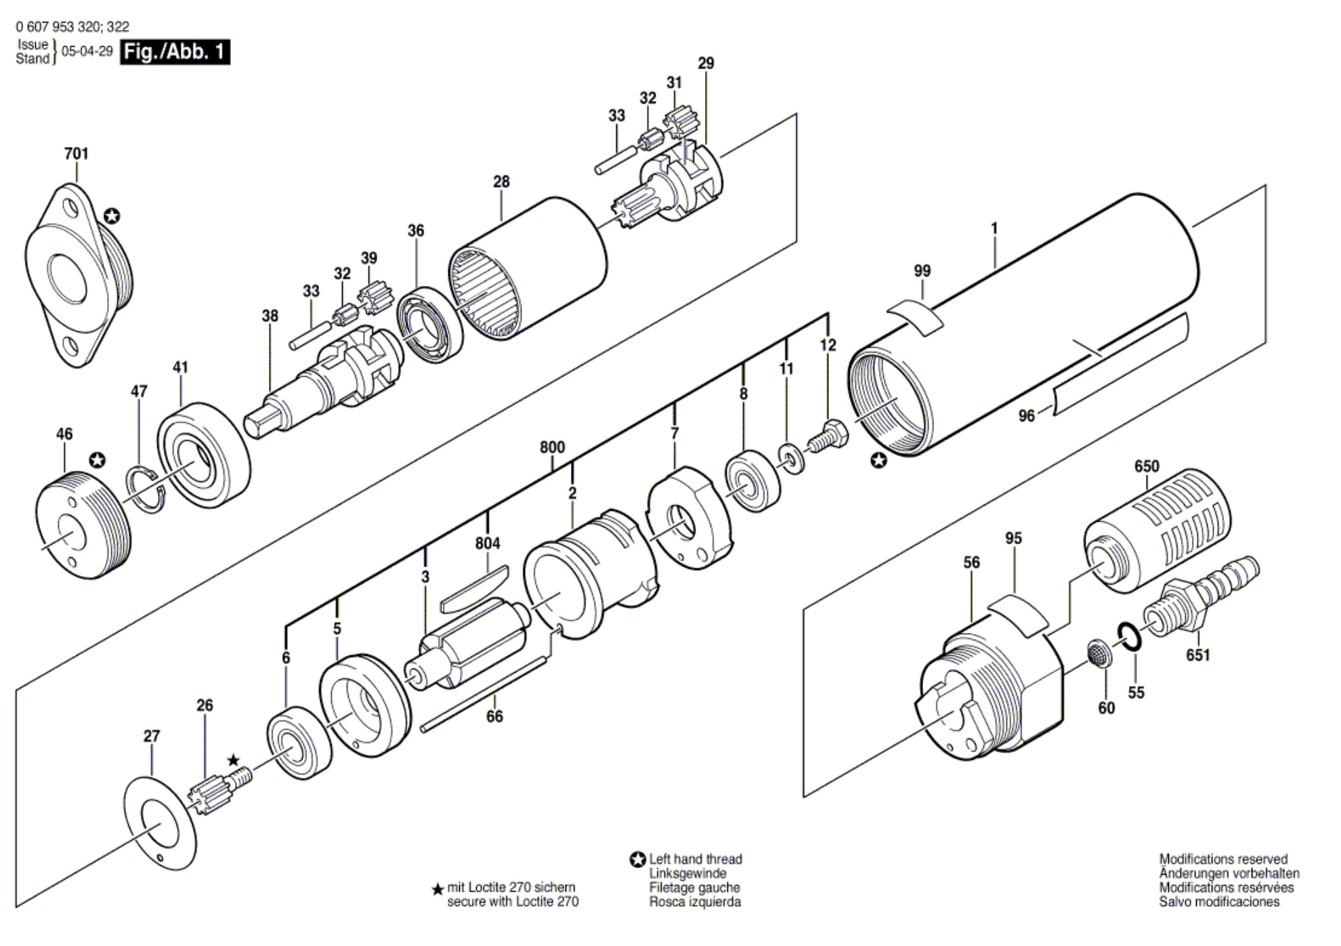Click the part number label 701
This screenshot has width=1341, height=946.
tap(76, 154)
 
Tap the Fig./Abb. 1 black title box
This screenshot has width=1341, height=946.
tap(175, 52)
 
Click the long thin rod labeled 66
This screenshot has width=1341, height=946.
tap(483, 695)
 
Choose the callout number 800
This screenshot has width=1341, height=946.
tap(552, 447)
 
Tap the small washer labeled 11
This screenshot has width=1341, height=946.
tap(791, 459)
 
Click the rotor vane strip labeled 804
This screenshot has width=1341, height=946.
tap(474, 587)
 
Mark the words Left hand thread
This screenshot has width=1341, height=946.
tap(696, 859)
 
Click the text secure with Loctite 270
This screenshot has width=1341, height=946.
tap(513, 902)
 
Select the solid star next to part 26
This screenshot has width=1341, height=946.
tap(233, 760)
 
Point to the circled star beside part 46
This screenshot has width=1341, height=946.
tap(98, 460)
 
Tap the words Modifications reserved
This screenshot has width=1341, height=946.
tap(1223, 859)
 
